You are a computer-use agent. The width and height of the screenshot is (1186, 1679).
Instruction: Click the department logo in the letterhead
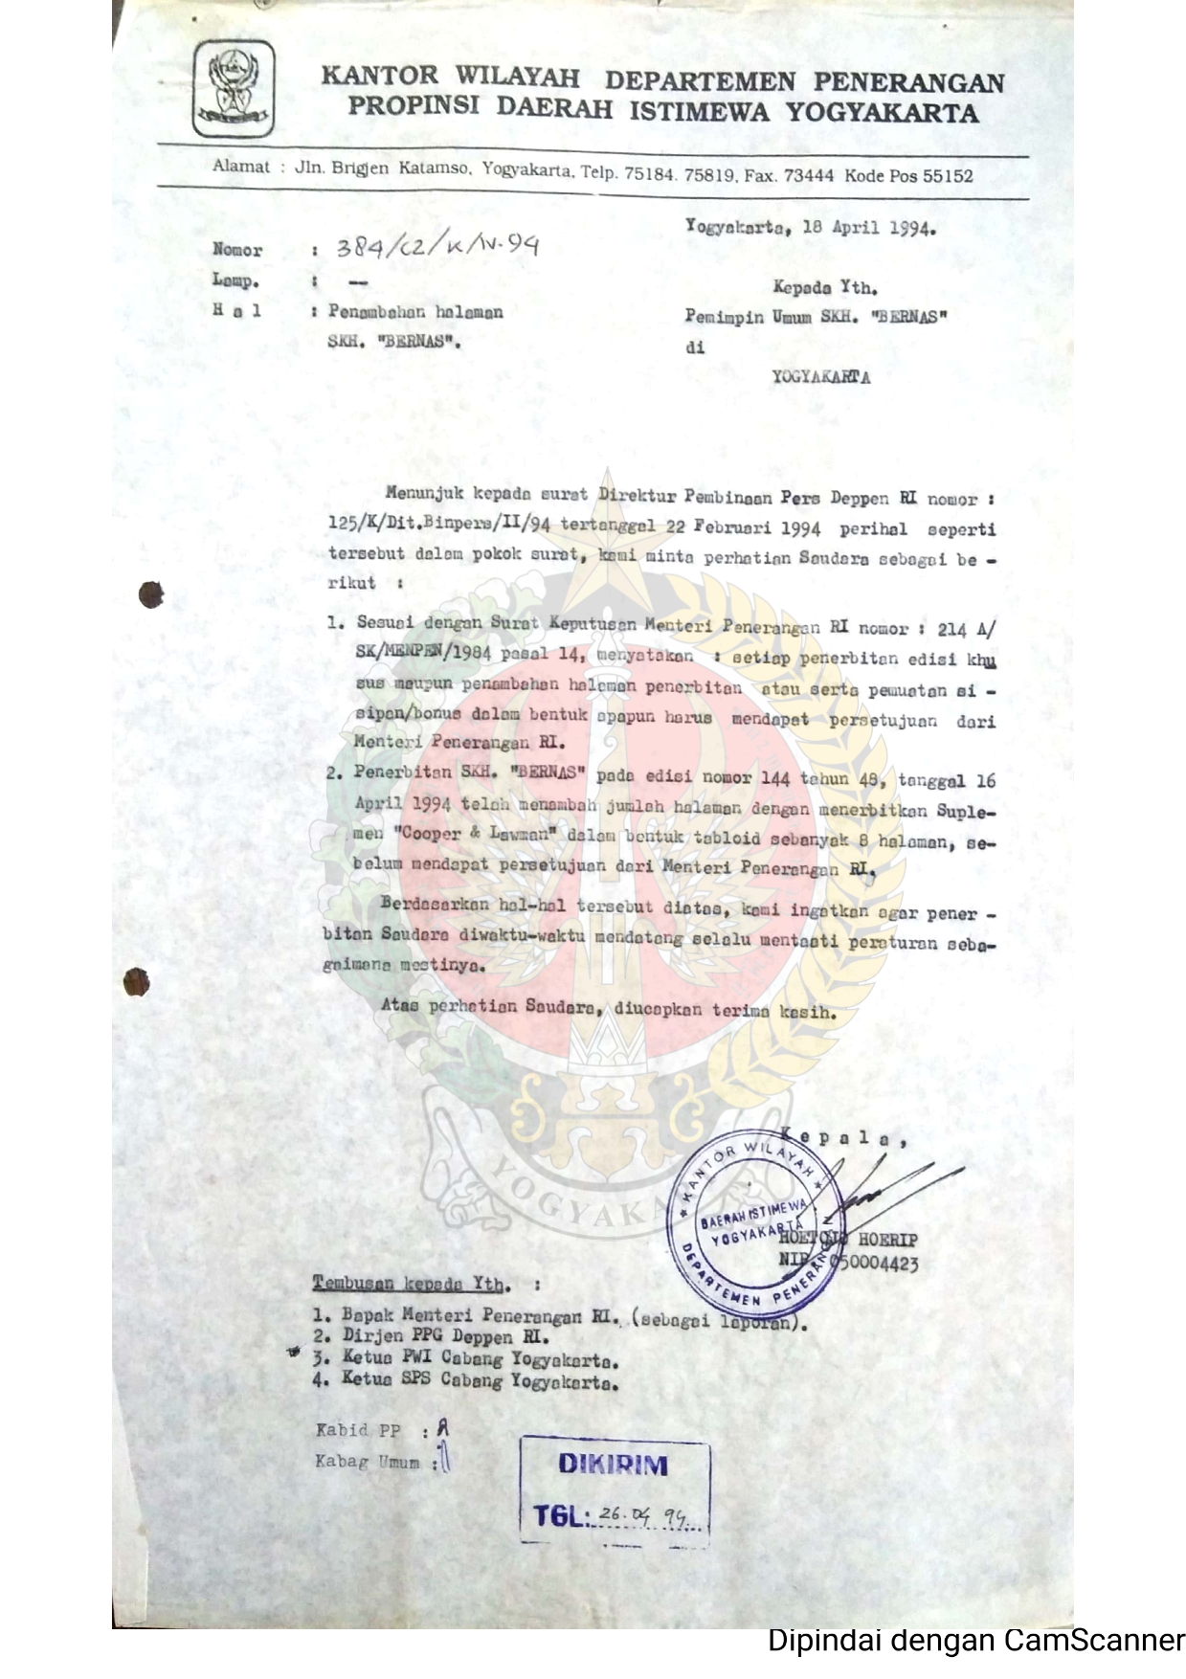point(234,89)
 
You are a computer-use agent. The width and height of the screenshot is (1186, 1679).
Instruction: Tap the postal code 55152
point(942,176)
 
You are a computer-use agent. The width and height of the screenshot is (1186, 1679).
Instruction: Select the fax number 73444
point(809,176)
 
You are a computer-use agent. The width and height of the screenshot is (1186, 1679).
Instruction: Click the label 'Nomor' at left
point(237,250)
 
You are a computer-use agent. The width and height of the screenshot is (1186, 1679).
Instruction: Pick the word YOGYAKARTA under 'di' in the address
point(821,376)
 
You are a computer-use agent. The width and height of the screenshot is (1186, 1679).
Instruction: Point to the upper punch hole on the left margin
point(150,594)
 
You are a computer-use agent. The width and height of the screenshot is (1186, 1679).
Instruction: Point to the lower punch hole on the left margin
point(136,981)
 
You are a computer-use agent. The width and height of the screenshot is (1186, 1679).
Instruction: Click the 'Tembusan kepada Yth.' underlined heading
point(412,1284)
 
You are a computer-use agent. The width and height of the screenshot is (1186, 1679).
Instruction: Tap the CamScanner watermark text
point(975,1641)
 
